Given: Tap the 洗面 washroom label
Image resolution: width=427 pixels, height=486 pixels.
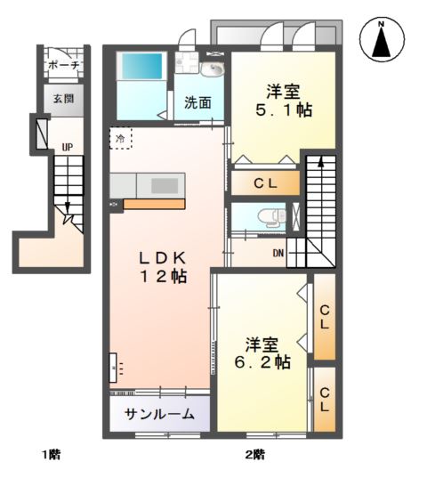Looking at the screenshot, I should click(x=197, y=101).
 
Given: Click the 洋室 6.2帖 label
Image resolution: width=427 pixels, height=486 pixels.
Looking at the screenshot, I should click(x=262, y=352).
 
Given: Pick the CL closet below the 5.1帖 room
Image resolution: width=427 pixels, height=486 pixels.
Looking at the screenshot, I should click(x=265, y=184).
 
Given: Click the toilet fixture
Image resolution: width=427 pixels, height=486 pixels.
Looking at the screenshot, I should click(x=267, y=216).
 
